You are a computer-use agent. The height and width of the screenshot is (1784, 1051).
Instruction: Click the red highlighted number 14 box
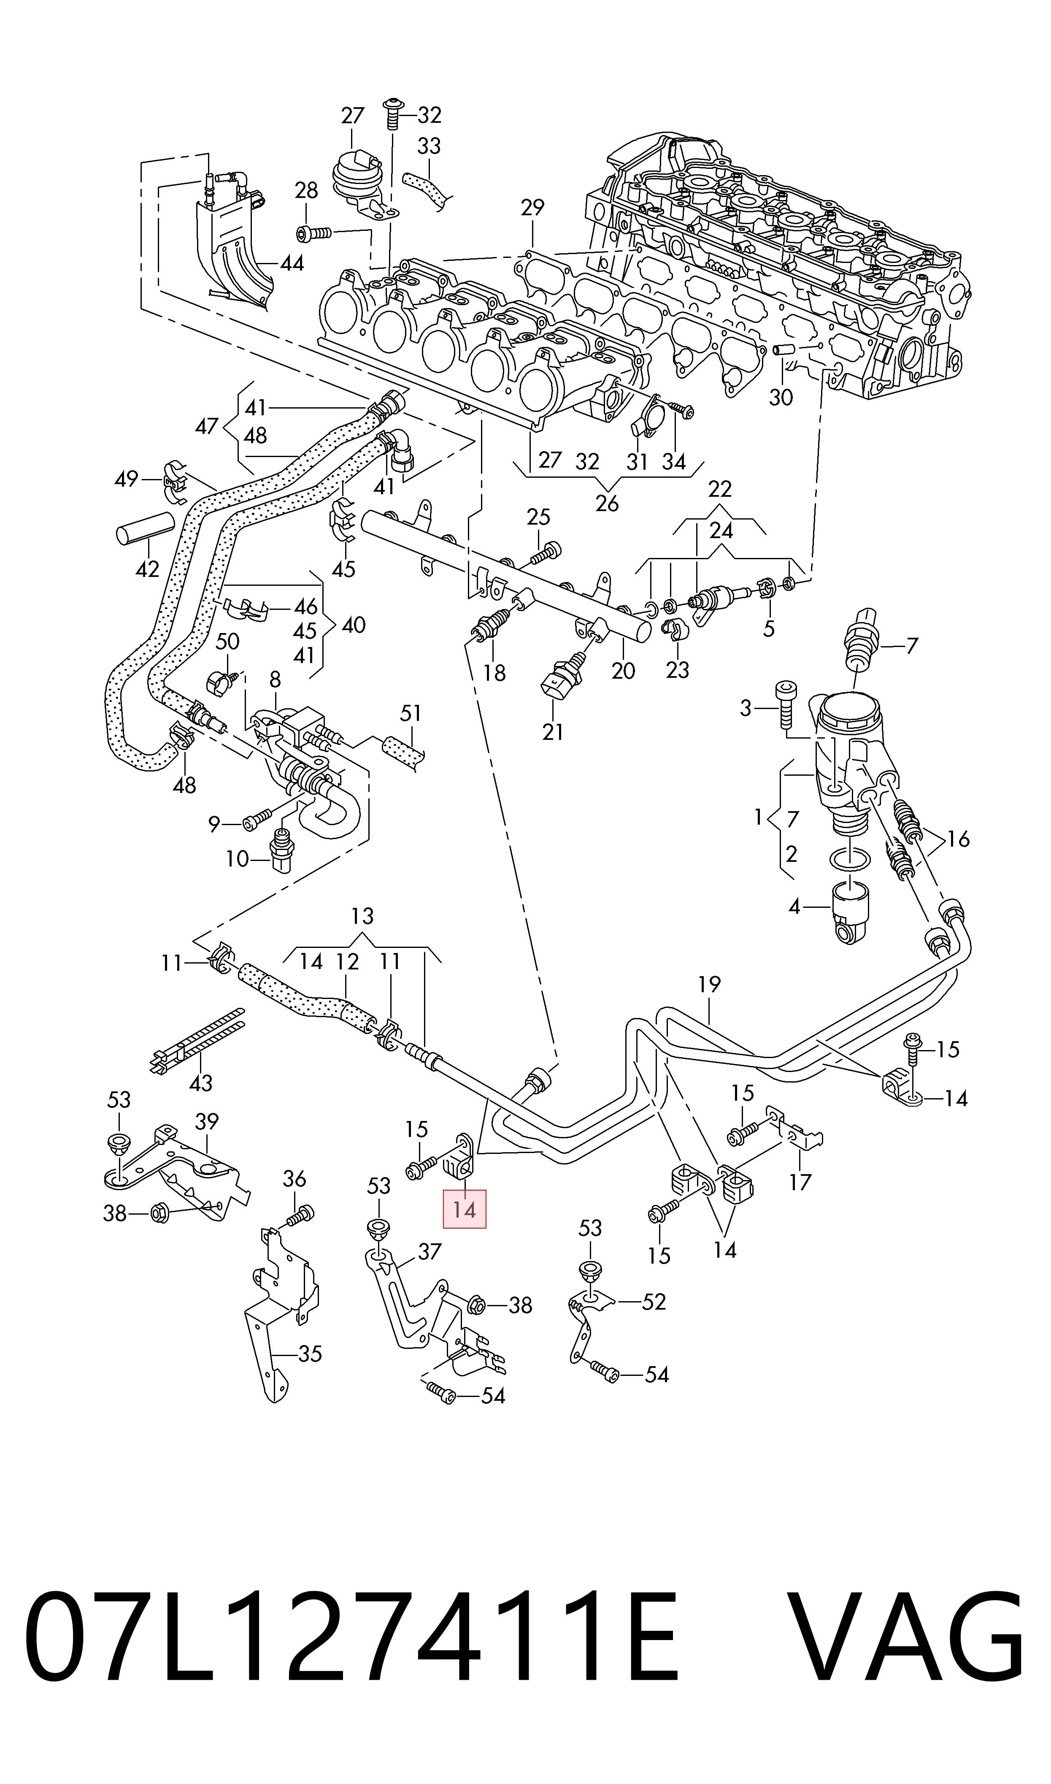(x=465, y=1209)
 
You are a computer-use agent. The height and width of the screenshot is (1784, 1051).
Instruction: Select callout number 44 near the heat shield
(x=292, y=263)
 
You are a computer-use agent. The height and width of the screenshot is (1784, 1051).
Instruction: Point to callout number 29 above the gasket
(x=532, y=208)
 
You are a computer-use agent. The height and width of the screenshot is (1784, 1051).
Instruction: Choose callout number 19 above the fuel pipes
(x=709, y=984)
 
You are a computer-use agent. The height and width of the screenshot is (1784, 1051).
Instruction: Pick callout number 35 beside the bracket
(x=310, y=1354)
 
